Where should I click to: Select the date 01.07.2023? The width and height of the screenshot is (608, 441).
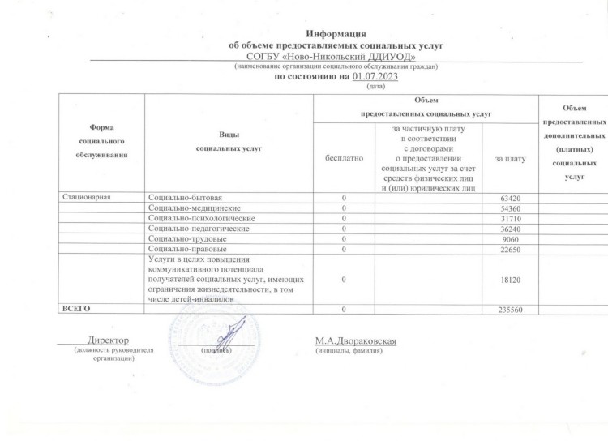click(371, 76)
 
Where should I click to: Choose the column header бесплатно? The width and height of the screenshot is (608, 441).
click(343, 157)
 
